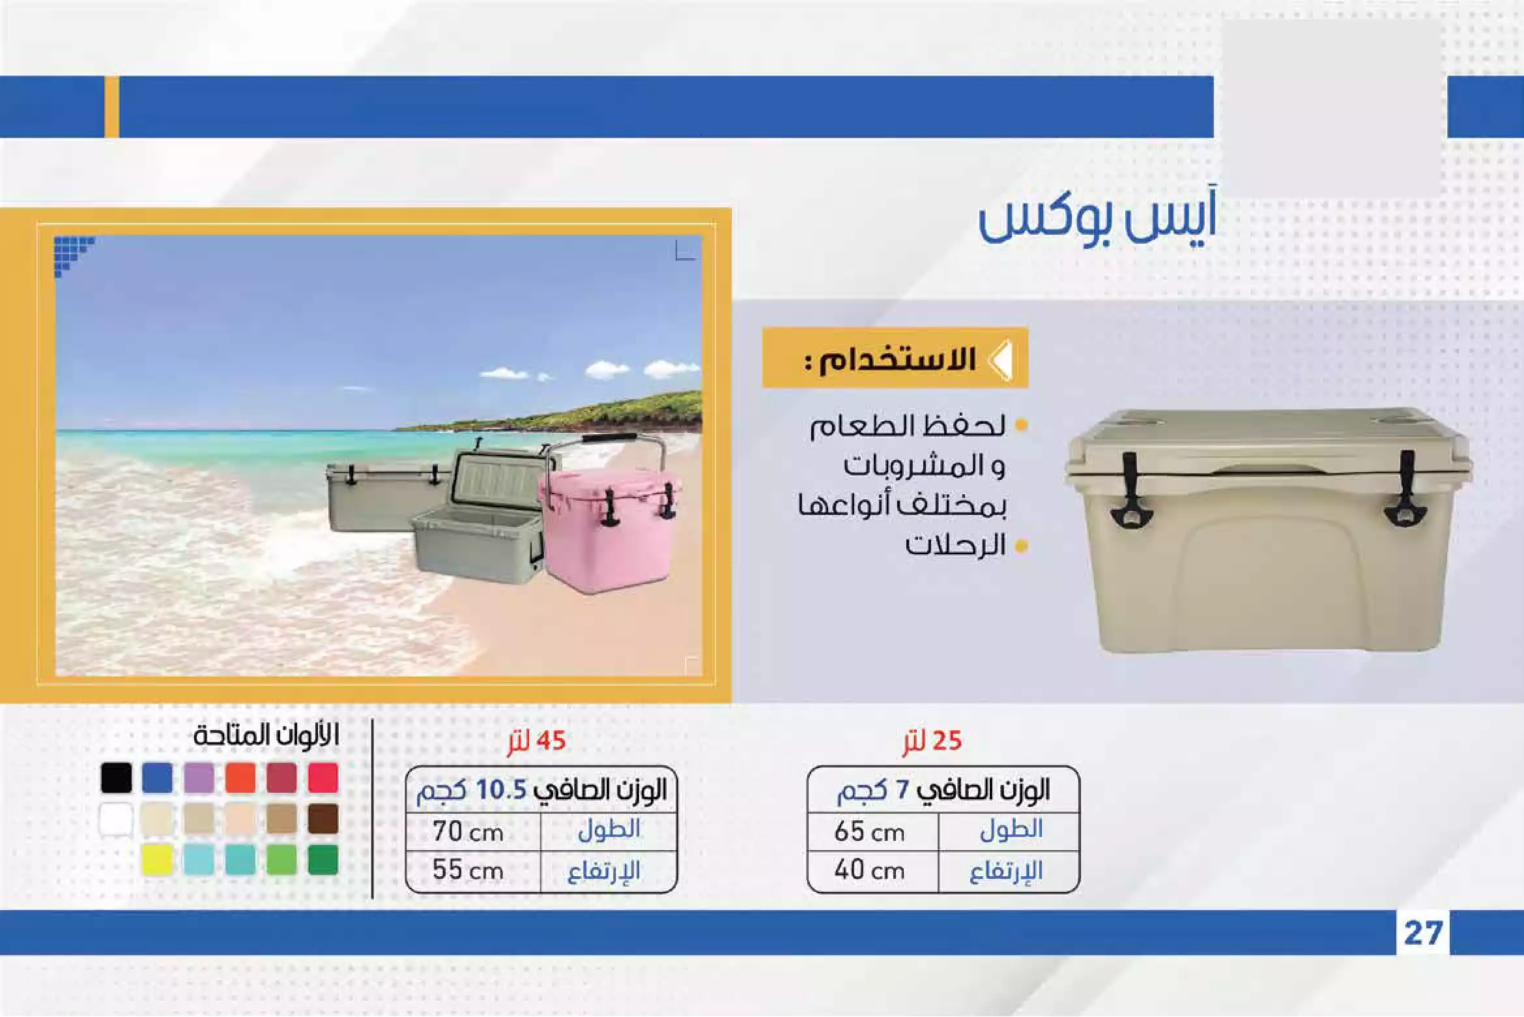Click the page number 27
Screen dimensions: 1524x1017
click(1423, 933)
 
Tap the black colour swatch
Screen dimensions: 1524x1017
click(117, 778)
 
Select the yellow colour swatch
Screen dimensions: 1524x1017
click(158, 859)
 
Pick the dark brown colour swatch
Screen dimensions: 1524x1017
click(323, 818)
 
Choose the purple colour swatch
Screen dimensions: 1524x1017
click(199, 778)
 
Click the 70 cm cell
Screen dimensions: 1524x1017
click(468, 832)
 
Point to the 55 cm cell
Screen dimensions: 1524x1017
click(468, 870)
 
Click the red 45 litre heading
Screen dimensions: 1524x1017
click(537, 741)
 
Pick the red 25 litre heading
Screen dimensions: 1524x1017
click(932, 741)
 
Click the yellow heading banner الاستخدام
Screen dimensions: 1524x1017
click(895, 358)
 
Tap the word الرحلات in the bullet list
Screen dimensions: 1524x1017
click(956, 545)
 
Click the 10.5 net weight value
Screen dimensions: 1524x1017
click(501, 790)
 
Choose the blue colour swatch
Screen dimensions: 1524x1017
click(158, 778)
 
